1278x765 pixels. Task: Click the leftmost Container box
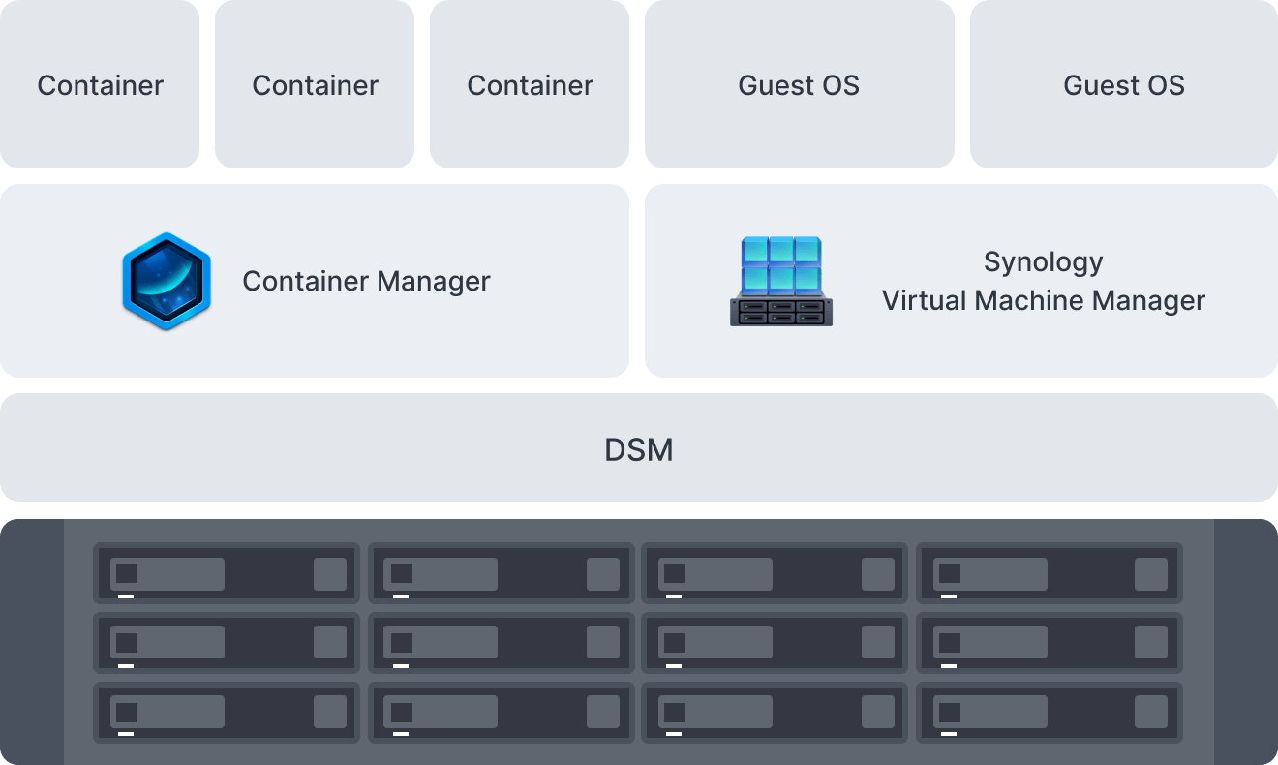[x=100, y=85]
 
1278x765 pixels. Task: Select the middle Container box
[x=315, y=85]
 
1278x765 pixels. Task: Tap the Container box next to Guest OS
[x=530, y=85]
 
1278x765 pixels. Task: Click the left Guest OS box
[x=799, y=85]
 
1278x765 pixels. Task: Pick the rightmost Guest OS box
[x=1123, y=85]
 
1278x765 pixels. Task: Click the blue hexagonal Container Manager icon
[x=167, y=281]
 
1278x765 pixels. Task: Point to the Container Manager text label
[x=366, y=282]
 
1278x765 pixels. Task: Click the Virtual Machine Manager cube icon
[x=780, y=281]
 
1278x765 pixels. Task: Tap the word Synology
[x=1043, y=262]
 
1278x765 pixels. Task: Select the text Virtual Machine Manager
[x=1043, y=301]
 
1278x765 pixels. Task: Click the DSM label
[x=638, y=450]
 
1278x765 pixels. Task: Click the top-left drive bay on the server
[x=227, y=574]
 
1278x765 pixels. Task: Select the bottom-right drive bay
[x=1050, y=712]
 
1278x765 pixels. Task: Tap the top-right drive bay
[x=1050, y=574]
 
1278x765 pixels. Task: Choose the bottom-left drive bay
[x=227, y=712]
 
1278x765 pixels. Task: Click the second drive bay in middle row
[x=501, y=643]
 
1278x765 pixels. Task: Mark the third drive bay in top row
[x=775, y=574]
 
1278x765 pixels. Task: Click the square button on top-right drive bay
[x=1150, y=574]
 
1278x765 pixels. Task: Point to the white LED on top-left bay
[x=126, y=597]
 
